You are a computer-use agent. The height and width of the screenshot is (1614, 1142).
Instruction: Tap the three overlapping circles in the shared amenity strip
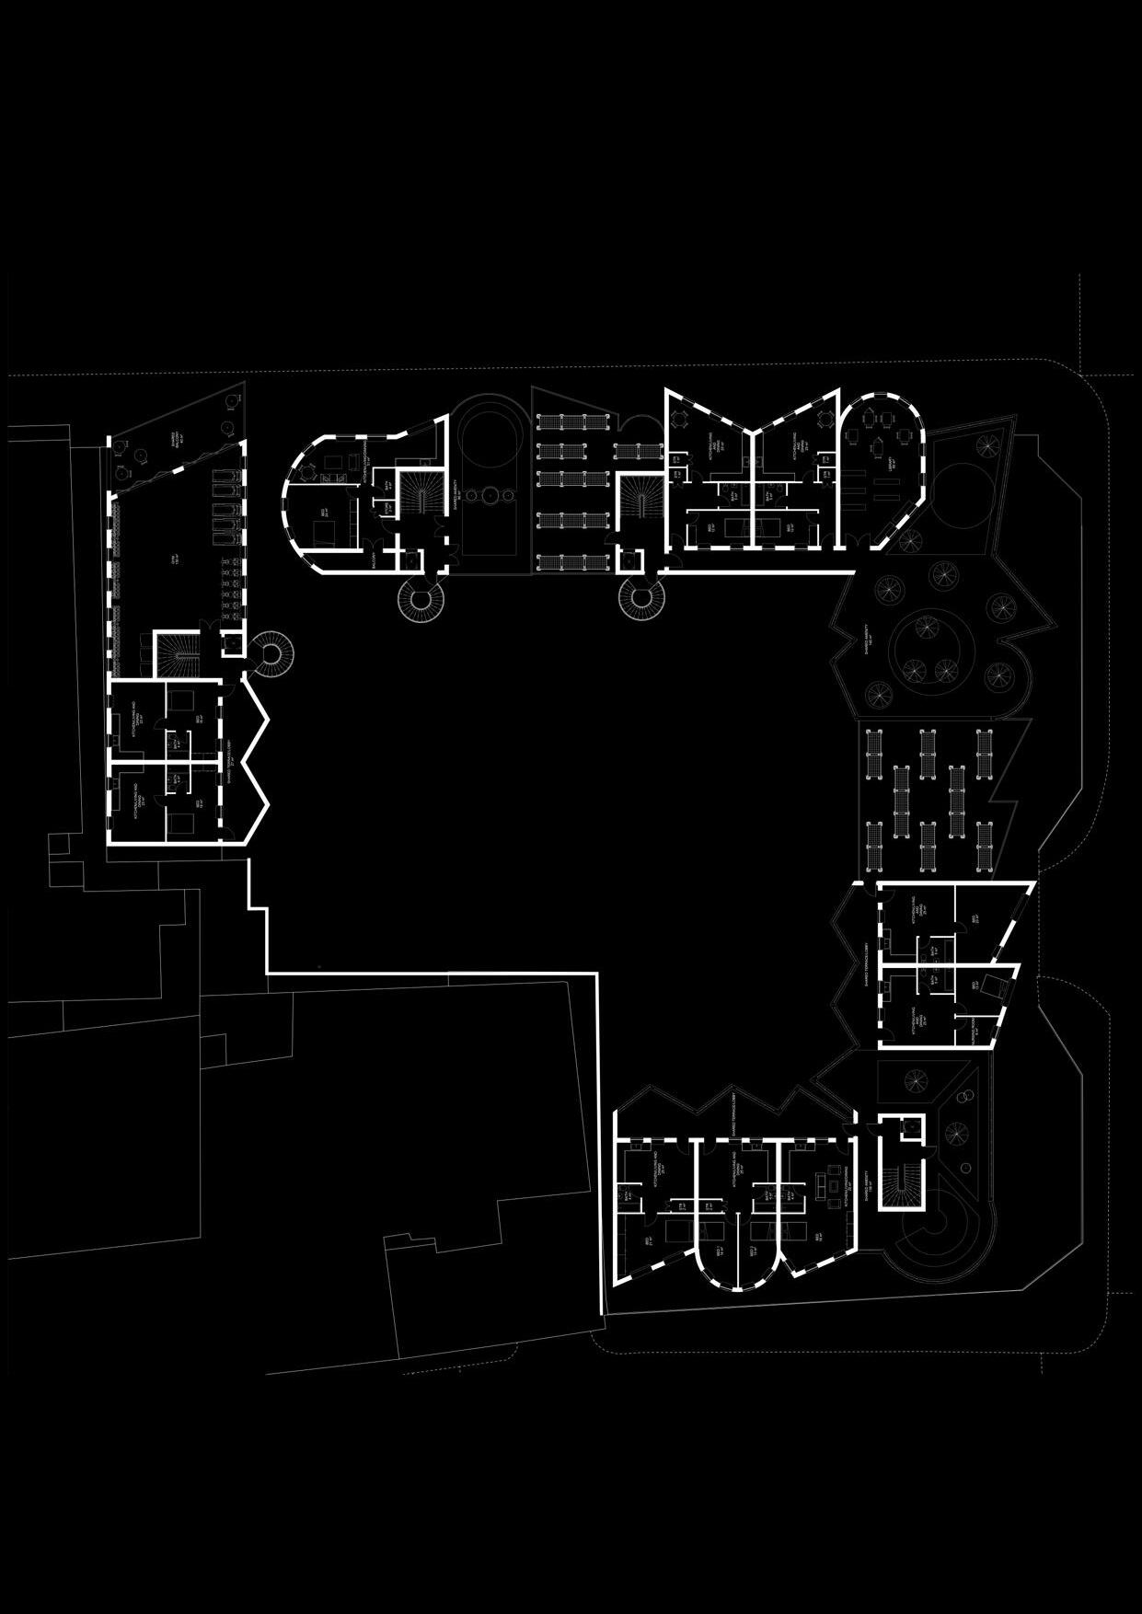coord(486,494)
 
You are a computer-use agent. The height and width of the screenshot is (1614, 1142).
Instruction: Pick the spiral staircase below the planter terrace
coord(643,602)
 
